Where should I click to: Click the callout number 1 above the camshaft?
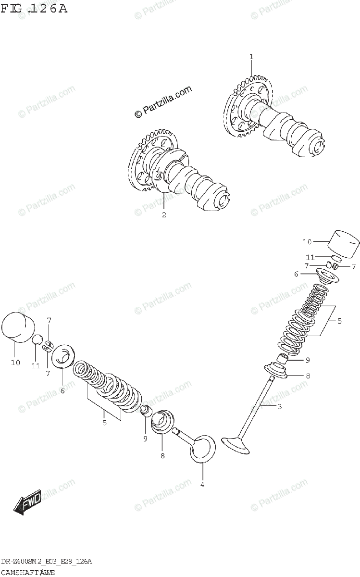click(250, 57)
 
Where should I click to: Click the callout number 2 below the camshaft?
click(164, 215)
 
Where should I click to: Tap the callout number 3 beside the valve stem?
click(279, 407)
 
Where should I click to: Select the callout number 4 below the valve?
click(202, 485)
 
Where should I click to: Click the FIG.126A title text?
click(34, 8)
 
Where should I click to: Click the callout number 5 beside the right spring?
click(339, 321)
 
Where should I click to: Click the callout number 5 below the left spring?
click(104, 423)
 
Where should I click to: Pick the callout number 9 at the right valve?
click(308, 360)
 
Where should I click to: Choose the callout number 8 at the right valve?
click(308, 376)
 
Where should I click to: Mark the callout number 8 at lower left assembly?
click(162, 455)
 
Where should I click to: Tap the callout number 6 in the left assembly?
click(62, 391)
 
